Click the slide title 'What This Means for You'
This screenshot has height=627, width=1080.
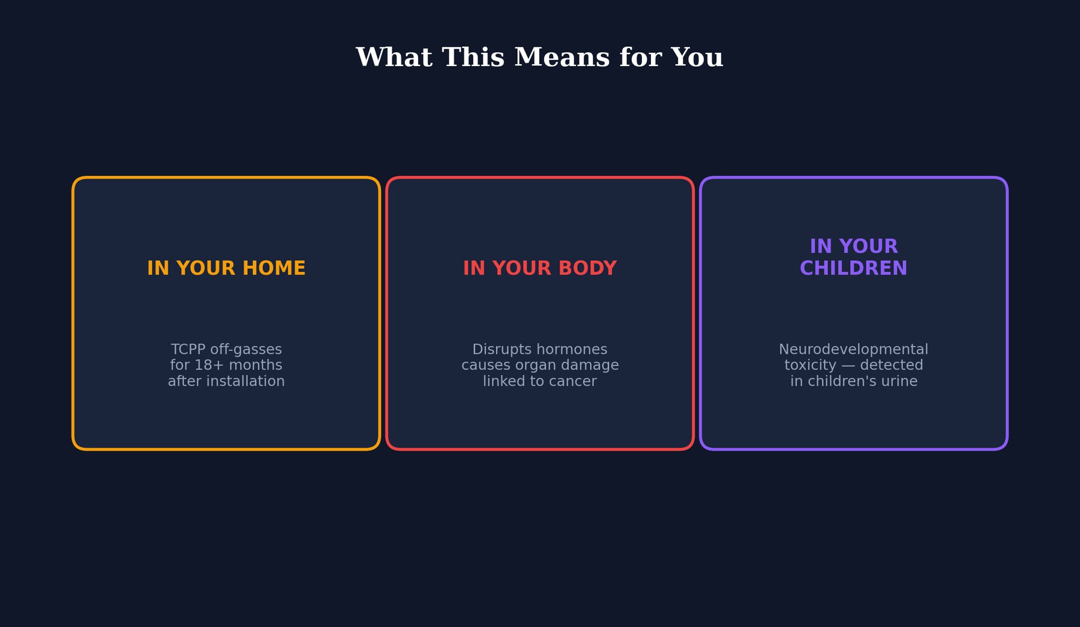(x=539, y=58)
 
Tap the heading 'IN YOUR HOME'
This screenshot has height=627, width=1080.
(x=226, y=268)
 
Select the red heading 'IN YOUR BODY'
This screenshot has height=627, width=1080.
(x=539, y=268)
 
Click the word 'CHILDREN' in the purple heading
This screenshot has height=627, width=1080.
(x=853, y=268)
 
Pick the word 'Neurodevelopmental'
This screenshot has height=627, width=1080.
(x=853, y=350)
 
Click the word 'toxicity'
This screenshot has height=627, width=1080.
(x=810, y=365)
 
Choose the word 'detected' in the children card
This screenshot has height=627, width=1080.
(x=891, y=365)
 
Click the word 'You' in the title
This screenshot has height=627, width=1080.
(x=697, y=58)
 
